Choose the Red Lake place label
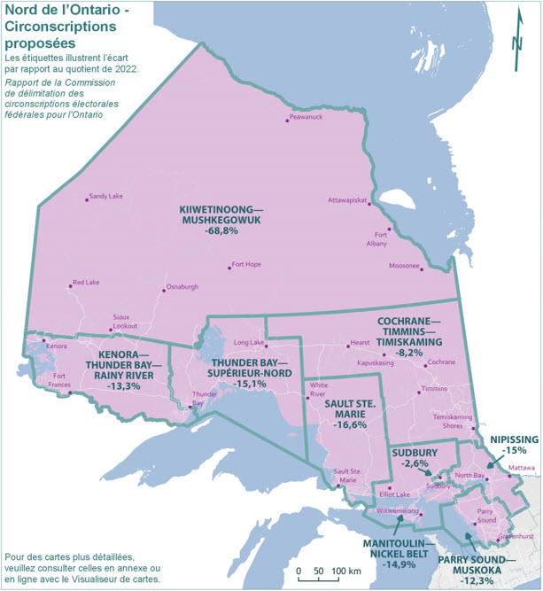(87, 283)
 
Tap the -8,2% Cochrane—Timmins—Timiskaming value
(415, 353)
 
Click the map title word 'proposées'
(41, 42)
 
